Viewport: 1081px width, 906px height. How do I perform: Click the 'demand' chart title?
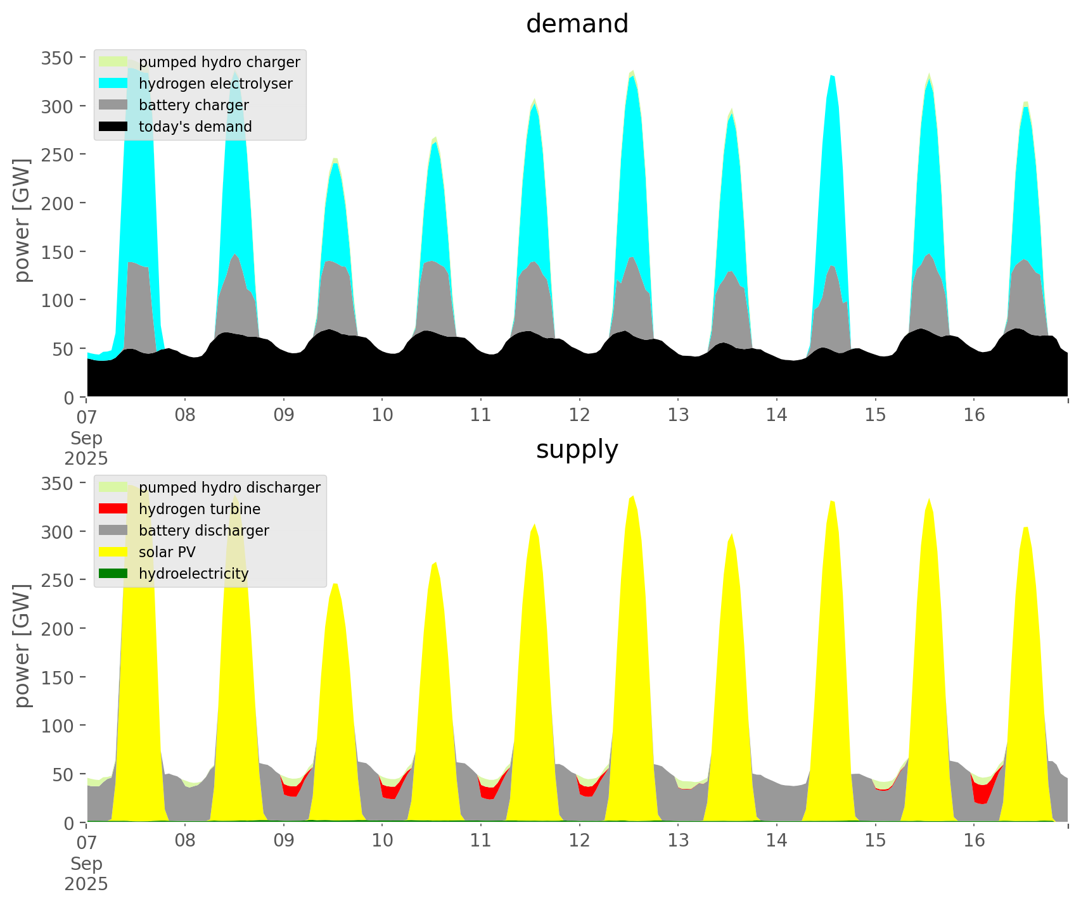(577, 24)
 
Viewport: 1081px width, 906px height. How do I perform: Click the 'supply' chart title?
(577, 450)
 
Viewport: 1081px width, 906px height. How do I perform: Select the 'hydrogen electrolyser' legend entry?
(215, 84)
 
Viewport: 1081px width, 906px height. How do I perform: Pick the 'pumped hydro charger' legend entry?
(219, 62)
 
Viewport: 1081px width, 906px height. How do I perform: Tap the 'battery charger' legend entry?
(193, 105)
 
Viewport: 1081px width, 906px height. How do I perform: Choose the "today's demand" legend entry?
(195, 127)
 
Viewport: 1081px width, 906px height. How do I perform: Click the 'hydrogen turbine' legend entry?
(200, 509)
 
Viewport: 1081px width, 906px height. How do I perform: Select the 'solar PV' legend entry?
(167, 552)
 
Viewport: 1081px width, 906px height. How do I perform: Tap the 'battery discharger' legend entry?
(203, 531)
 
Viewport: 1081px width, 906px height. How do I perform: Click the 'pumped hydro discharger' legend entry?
(229, 488)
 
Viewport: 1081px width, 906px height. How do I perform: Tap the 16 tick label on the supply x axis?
(974, 841)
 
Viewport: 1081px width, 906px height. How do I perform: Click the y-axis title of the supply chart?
(22, 646)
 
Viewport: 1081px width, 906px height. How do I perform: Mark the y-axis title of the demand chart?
(22, 220)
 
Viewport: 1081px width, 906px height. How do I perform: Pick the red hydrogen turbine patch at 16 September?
(982, 791)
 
